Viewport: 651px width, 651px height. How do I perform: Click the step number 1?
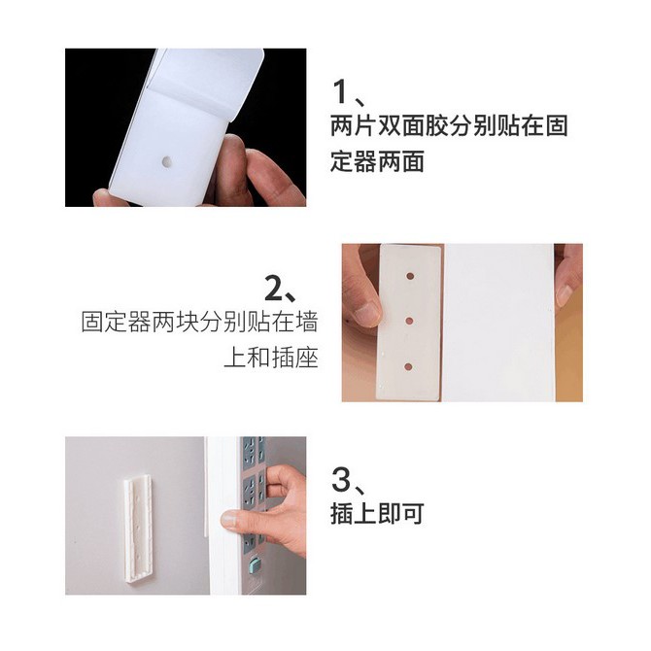pyautogui.click(x=340, y=91)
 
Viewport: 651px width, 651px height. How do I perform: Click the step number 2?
pyautogui.click(x=274, y=289)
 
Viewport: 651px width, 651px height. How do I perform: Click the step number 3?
pyautogui.click(x=341, y=479)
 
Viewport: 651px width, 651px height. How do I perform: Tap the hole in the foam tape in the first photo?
pyautogui.click(x=167, y=161)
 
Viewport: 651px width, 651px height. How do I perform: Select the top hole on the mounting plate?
pyautogui.click(x=410, y=275)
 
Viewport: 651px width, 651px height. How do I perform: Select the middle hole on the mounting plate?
pyautogui.click(x=409, y=321)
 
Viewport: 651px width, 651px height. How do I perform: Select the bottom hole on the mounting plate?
pyautogui.click(x=408, y=366)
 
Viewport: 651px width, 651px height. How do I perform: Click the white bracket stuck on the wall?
pyautogui.click(x=138, y=526)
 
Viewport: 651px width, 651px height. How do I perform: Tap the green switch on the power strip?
pyautogui.click(x=254, y=565)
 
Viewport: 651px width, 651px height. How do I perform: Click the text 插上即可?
pyautogui.click(x=377, y=514)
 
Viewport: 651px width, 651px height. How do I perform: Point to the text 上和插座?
pyautogui.click(x=271, y=358)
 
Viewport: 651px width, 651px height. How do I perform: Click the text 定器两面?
pyautogui.click(x=377, y=161)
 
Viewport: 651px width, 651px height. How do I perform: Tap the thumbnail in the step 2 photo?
pyautogui.click(x=366, y=314)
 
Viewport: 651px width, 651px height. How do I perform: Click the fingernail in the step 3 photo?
pyautogui.click(x=228, y=520)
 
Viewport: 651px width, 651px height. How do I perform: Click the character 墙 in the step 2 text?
pyautogui.click(x=306, y=322)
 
